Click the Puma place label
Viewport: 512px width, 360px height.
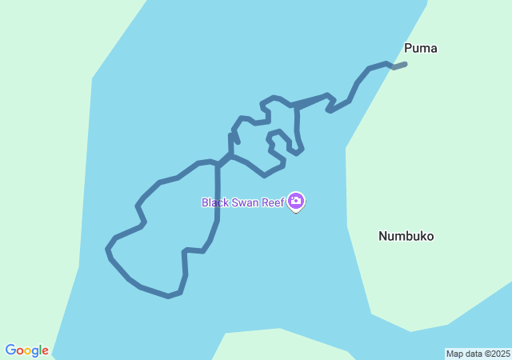click(420, 48)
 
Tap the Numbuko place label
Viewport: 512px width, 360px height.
click(406, 236)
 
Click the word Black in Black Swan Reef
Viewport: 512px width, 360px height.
click(214, 202)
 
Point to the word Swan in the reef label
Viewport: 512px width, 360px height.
click(243, 202)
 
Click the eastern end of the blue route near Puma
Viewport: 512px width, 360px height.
click(406, 63)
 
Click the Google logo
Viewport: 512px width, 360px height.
click(26, 350)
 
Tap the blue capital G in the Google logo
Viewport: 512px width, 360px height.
click(10, 350)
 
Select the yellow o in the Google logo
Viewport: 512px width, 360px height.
click(28, 351)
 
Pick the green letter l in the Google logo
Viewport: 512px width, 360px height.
click(40, 350)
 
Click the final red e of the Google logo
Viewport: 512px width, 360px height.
click(45, 351)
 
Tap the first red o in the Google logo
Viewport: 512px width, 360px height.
click(21, 351)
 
